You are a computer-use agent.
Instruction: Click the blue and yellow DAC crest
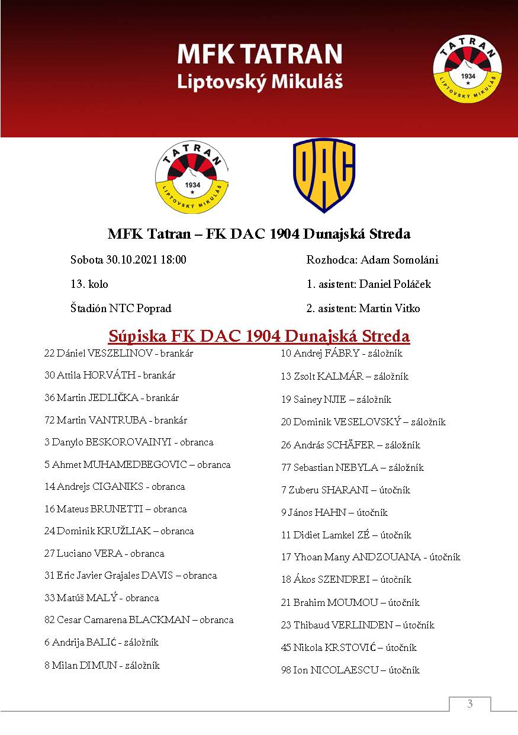point(324,175)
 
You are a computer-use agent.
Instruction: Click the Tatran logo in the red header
point(467,68)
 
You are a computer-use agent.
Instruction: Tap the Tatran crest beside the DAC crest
point(192,175)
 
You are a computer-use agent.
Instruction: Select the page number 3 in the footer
point(469,704)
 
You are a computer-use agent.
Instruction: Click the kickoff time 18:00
point(173,260)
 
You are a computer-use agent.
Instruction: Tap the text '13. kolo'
point(89,284)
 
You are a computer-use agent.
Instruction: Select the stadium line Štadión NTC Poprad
point(121,309)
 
